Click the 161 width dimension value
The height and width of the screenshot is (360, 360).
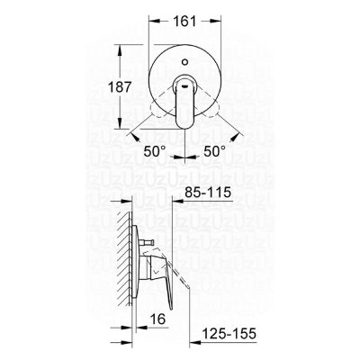coord(184,22)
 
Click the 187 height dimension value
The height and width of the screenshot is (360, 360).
coord(120,87)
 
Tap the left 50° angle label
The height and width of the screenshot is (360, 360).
coord(155,151)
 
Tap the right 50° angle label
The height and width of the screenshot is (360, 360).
coord(215,151)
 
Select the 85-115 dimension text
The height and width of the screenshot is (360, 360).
coord(208,193)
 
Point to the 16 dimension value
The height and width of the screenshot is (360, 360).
coord(157,319)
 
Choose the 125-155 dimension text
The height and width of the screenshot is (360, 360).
coord(229,333)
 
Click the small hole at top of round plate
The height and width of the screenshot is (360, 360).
coord(185,63)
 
